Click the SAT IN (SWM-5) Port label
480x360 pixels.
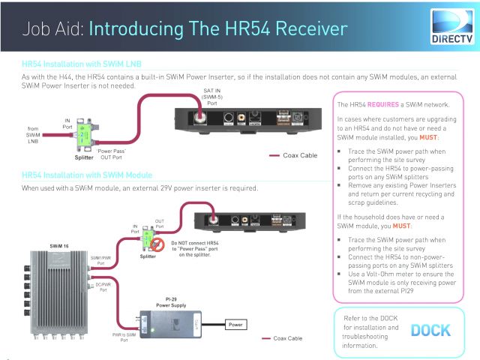tap(214, 97)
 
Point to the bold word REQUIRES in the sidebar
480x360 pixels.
tap(382, 105)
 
